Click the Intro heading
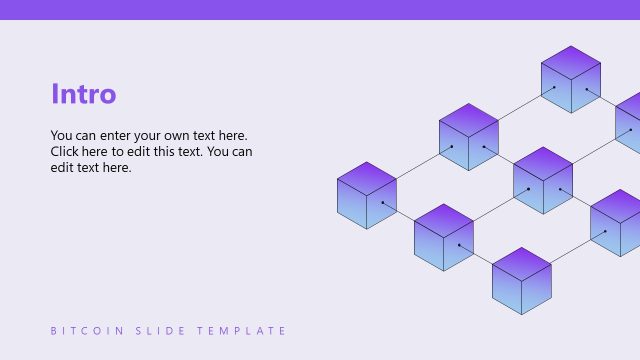coord(83,94)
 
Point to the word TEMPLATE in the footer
coord(241,331)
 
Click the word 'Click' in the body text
coord(67,152)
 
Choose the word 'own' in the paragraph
coord(190,135)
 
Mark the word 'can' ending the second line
coord(241,152)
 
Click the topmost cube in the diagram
coord(570,79)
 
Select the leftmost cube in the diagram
coord(367,195)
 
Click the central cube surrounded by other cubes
coord(542,180)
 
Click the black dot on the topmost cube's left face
coord(555,87)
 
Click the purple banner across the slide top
coord(320,9)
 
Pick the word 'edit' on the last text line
coord(63,168)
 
